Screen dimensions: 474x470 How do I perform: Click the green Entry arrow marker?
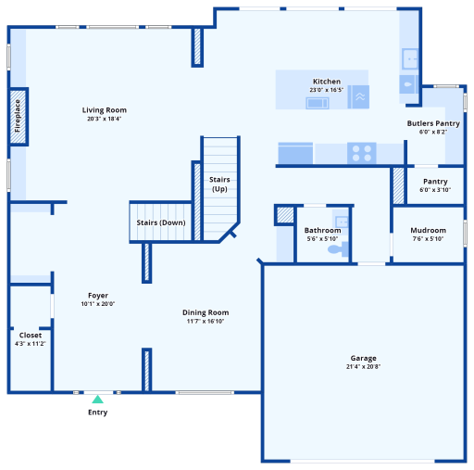(97, 399)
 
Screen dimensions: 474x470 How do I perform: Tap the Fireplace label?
(18, 116)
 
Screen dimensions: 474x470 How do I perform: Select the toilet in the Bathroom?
(338, 249)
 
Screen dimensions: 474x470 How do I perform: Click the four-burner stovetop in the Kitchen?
(362, 153)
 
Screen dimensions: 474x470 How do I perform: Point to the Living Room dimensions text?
(105, 119)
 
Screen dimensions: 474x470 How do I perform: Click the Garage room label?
(364, 358)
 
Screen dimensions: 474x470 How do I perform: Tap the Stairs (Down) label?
(161, 222)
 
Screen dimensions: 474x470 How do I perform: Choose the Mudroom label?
(429, 230)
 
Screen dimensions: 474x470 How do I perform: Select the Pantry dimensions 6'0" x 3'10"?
(435, 190)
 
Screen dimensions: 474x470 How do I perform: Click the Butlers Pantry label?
(433, 123)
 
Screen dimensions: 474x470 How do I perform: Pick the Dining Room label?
(206, 312)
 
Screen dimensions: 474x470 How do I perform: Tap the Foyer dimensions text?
(98, 304)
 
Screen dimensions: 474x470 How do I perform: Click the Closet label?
(31, 335)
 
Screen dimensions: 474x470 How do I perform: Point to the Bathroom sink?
(342, 222)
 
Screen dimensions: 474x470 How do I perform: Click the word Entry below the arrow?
(97, 413)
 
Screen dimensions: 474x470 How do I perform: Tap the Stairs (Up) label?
(219, 184)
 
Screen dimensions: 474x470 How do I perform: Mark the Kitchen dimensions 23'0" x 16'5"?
(327, 90)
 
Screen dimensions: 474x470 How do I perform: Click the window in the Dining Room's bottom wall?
(205, 393)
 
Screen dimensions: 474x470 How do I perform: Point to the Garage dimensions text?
(363, 366)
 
